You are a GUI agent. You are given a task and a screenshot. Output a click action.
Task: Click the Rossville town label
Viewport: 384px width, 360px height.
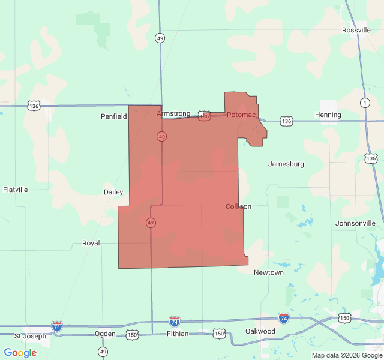click(356, 30)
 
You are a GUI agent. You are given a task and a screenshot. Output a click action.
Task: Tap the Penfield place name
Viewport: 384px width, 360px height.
click(113, 116)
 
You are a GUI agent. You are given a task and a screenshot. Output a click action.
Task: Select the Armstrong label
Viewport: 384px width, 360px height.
click(173, 113)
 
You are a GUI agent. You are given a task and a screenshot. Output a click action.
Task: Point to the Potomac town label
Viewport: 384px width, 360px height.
click(241, 115)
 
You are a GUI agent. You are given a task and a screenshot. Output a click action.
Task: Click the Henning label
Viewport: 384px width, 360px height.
click(328, 115)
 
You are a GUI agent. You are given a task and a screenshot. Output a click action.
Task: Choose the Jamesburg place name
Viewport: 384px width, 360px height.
click(286, 164)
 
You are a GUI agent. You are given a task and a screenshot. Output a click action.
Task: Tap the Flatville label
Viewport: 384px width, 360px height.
click(16, 190)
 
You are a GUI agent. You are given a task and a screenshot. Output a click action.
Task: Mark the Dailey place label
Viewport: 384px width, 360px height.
click(113, 193)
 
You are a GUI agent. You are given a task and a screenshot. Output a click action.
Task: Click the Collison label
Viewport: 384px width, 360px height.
click(238, 206)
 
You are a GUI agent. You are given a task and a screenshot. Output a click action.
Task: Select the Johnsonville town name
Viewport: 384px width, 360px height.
click(355, 223)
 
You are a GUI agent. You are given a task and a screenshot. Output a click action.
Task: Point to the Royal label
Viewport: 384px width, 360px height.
click(91, 244)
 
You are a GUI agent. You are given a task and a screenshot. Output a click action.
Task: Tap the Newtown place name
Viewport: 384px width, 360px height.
click(269, 272)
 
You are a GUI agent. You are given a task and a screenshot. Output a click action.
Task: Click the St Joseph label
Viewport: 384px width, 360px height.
click(30, 336)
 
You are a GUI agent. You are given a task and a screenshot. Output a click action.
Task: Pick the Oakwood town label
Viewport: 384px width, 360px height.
click(260, 331)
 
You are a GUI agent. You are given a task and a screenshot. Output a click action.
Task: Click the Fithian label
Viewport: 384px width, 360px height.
click(178, 334)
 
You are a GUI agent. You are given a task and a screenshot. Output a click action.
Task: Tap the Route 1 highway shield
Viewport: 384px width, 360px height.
click(365, 103)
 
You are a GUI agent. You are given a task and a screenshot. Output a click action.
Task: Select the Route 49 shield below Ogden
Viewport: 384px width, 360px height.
click(103, 351)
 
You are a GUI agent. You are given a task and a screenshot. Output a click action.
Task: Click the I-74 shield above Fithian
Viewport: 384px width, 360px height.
click(174, 321)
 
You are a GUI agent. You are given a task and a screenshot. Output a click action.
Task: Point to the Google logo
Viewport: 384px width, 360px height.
click(20, 353)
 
